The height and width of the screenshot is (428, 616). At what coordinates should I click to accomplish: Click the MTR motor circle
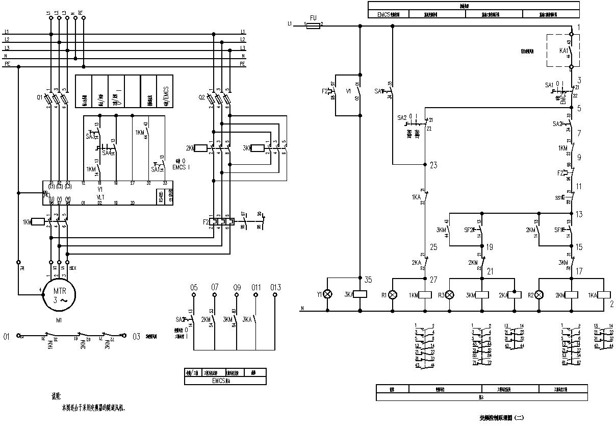(60, 295)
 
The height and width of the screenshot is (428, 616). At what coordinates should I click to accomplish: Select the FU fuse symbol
(313, 24)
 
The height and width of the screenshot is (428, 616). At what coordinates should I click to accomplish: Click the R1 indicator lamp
(393, 295)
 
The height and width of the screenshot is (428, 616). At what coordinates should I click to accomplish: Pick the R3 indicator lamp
(450, 295)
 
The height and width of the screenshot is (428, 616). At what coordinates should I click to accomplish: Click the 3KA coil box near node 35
(361, 294)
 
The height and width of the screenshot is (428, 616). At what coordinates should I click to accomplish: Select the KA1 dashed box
(561, 51)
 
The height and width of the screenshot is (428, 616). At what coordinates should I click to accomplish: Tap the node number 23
(433, 165)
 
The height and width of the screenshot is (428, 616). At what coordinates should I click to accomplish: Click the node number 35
(368, 279)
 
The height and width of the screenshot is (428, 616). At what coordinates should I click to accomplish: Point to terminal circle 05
(194, 295)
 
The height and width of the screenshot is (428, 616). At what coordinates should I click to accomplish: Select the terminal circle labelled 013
(276, 295)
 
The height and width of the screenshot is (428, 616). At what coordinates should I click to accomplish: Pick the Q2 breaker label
(201, 96)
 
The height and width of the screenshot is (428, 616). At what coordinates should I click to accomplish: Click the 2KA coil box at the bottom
(515, 294)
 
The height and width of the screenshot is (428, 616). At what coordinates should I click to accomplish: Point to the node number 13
(579, 214)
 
